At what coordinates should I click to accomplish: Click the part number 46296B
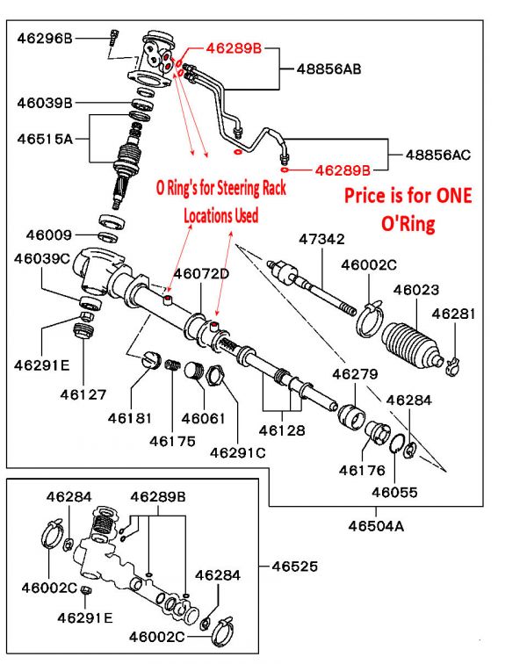coord(44,38)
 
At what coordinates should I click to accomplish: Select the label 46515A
coord(44,137)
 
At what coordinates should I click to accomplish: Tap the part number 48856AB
coord(329,68)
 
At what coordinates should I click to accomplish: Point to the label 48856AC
coord(437,155)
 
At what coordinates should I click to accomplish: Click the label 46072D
coord(201,273)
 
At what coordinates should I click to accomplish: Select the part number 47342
coord(321,239)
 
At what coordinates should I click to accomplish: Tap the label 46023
coord(416,289)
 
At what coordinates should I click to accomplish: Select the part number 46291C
coord(238,452)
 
